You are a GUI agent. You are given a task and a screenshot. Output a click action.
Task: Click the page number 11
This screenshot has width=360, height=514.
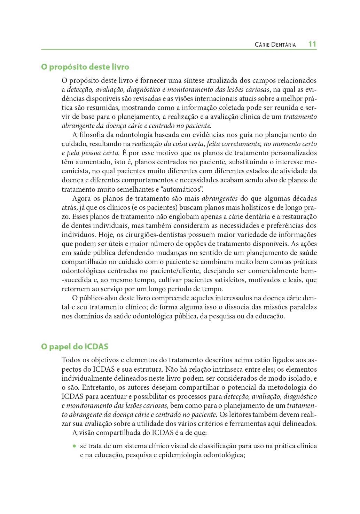click(x=312, y=44)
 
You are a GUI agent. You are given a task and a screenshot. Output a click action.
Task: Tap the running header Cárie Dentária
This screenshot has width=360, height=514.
click(x=275, y=45)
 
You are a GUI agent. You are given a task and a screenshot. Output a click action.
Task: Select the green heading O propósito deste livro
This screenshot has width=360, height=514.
click(x=85, y=67)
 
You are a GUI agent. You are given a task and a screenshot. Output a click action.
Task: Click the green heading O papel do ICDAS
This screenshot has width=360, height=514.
click(x=75, y=347)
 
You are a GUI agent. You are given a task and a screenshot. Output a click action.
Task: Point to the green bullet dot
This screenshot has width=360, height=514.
click(x=74, y=446)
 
